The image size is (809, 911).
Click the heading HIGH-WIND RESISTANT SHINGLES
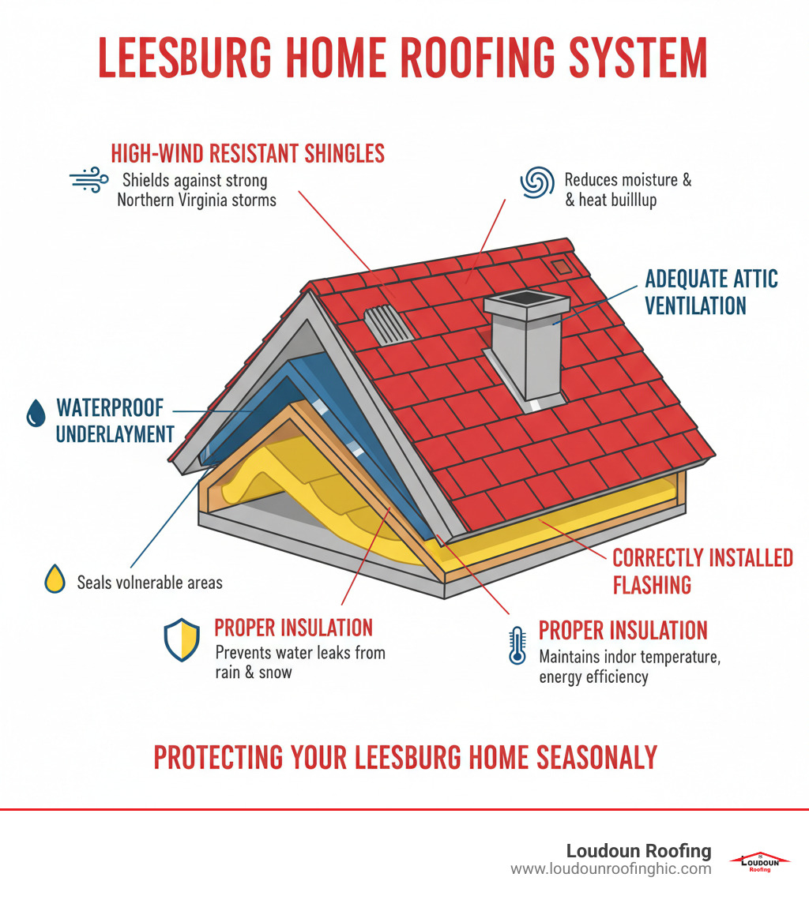click(x=247, y=152)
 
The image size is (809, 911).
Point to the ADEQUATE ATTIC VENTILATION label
click(x=711, y=291)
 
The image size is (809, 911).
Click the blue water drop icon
click(x=36, y=413)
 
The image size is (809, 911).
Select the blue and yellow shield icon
click(x=182, y=639)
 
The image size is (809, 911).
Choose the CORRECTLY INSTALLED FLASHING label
click(x=702, y=571)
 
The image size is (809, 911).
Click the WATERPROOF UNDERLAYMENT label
click(x=115, y=421)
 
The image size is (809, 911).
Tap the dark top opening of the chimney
click(x=525, y=298)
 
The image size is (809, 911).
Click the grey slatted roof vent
click(x=389, y=324)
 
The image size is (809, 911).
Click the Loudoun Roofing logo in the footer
click(x=759, y=860)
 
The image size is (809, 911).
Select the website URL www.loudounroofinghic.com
click(x=611, y=869)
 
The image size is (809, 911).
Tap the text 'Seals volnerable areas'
click(x=149, y=583)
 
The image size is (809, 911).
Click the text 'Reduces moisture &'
click(x=628, y=180)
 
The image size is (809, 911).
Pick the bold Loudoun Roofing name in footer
click(x=638, y=851)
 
